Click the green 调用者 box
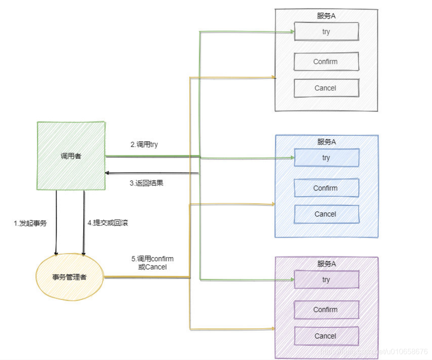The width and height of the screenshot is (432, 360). pyautogui.click(x=71, y=156)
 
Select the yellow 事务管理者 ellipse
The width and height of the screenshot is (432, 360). pyautogui.click(x=70, y=277)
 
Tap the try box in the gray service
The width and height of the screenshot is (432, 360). pyautogui.click(x=326, y=32)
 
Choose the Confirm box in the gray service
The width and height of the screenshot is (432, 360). pyautogui.click(x=326, y=61)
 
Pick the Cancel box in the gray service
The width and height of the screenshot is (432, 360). pyautogui.click(x=326, y=88)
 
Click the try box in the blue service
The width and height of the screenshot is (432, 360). pyautogui.click(x=326, y=158)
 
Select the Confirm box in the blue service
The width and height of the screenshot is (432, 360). pyautogui.click(x=326, y=188)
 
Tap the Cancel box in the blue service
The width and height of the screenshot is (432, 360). pyautogui.click(x=326, y=214)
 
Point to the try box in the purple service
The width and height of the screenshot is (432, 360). pyautogui.click(x=326, y=280)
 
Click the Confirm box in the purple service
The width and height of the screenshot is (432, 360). pyautogui.click(x=326, y=310)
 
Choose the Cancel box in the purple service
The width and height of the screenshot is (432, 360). pyautogui.click(x=326, y=336)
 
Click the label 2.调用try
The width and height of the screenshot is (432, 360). pyautogui.click(x=144, y=144)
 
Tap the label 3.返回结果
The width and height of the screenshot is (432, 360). pyautogui.click(x=147, y=183)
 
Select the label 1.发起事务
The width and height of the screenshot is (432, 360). pyautogui.click(x=30, y=223)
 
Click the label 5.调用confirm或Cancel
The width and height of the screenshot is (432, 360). pyautogui.click(x=153, y=263)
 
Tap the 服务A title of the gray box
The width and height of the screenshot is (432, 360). pyautogui.click(x=327, y=16)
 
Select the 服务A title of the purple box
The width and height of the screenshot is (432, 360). pyautogui.click(x=327, y=264)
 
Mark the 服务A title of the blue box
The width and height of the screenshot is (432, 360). pyautogui.click(x=327, y=142)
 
